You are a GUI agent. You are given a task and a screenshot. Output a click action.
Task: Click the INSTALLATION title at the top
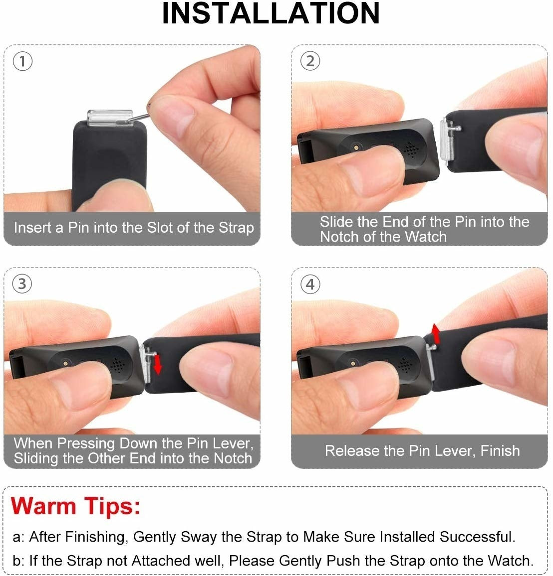pos(271,14)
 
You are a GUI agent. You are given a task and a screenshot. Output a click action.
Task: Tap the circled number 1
pos(23,61)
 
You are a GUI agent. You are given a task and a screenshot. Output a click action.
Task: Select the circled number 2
pos(310,61)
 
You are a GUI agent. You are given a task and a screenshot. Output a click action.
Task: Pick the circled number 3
pos(22,284)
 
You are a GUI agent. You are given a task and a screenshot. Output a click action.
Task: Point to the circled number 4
pos(310,284)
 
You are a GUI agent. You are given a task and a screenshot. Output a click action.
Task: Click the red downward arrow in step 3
pos(158,364)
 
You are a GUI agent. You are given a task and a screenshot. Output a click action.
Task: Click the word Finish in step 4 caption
pos(500,451)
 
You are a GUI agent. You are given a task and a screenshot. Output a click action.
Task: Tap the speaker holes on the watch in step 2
pos(411,149)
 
